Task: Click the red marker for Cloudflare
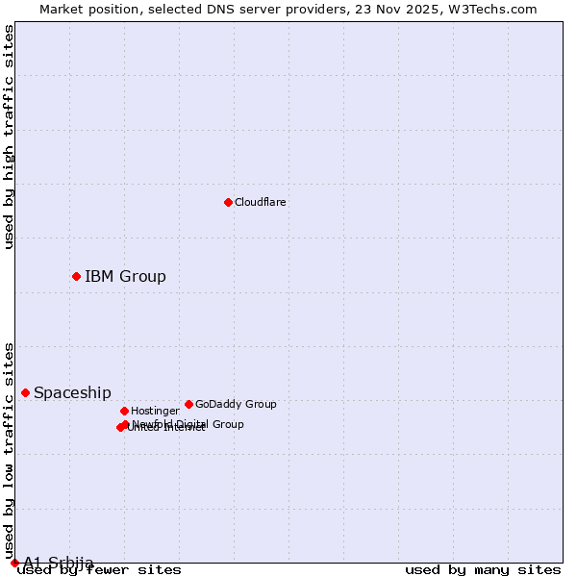pos(228,202)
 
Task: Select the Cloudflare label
pos(261,203)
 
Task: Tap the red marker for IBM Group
pos(76,277)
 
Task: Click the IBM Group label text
pos(125,277)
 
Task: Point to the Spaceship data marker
pos(25,392)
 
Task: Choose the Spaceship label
pos(72,393)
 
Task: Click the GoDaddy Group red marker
pos(188,404)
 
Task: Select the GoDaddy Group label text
pos(236,405)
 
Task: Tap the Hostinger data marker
pos(124,411)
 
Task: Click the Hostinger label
pos(155,412)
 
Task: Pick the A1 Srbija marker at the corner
pos(14,563)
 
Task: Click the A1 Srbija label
pos(59,563)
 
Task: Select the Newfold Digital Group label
pos(188,424)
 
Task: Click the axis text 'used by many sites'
pos(483,569)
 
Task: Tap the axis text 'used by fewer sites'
pos(100,569)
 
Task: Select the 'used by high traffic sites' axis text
pos(10,137)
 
